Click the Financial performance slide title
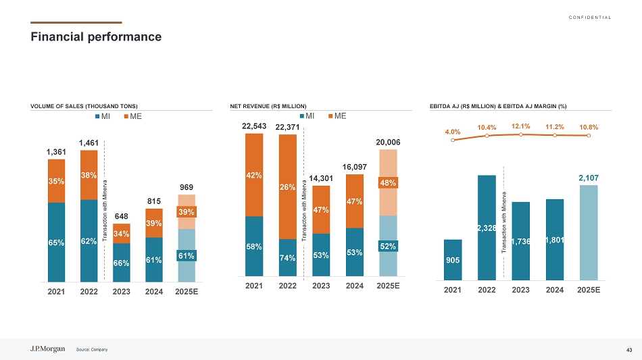(96, 36)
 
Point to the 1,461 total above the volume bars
(89, 143)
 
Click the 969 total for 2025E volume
(187, 186)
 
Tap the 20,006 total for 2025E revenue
(388, 142)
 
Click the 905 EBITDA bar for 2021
(453, 259)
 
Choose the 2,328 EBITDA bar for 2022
(487, 228)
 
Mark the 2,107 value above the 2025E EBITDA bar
(589, 178)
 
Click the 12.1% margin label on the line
(521, 126)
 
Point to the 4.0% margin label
(453, 132)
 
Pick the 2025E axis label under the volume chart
(187, 293)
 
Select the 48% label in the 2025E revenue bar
(389, 182)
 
